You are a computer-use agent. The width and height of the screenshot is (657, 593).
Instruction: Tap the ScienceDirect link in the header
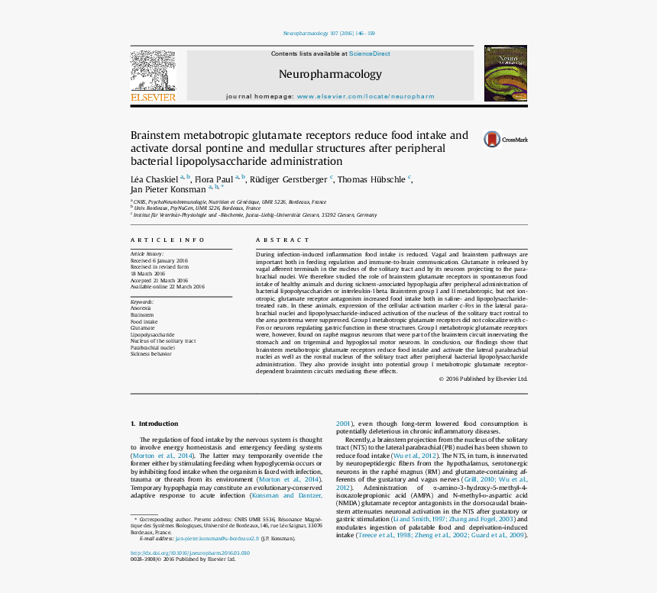(369, 53)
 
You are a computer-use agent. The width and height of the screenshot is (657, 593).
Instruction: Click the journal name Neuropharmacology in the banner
(330, 74)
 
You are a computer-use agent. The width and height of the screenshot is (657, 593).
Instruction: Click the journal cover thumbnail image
(505, 73)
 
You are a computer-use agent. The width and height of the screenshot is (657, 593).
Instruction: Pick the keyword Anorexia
(141, 308)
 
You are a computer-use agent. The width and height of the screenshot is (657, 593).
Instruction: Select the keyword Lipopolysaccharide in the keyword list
(152, 334)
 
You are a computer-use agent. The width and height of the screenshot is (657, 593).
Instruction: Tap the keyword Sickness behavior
(150, 354)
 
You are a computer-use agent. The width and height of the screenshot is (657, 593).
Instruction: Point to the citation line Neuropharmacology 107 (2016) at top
(328, 34)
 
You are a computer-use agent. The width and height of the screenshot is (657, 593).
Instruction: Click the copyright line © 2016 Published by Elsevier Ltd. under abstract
(483, 379)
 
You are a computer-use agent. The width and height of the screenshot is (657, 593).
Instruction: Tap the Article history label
(147, 253)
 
